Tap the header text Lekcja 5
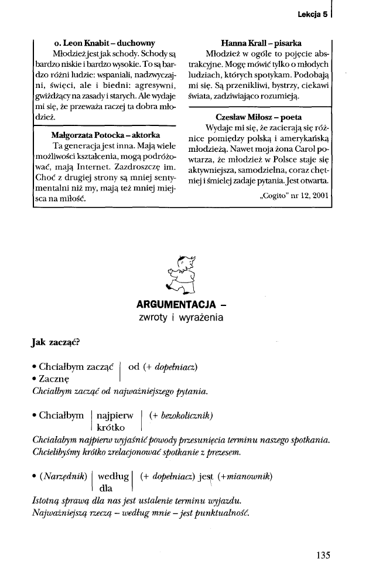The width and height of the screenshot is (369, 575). click(312, 15)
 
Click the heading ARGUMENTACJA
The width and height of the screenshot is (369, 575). click(176, 305)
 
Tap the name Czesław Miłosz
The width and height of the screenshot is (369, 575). click(236, 117)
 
